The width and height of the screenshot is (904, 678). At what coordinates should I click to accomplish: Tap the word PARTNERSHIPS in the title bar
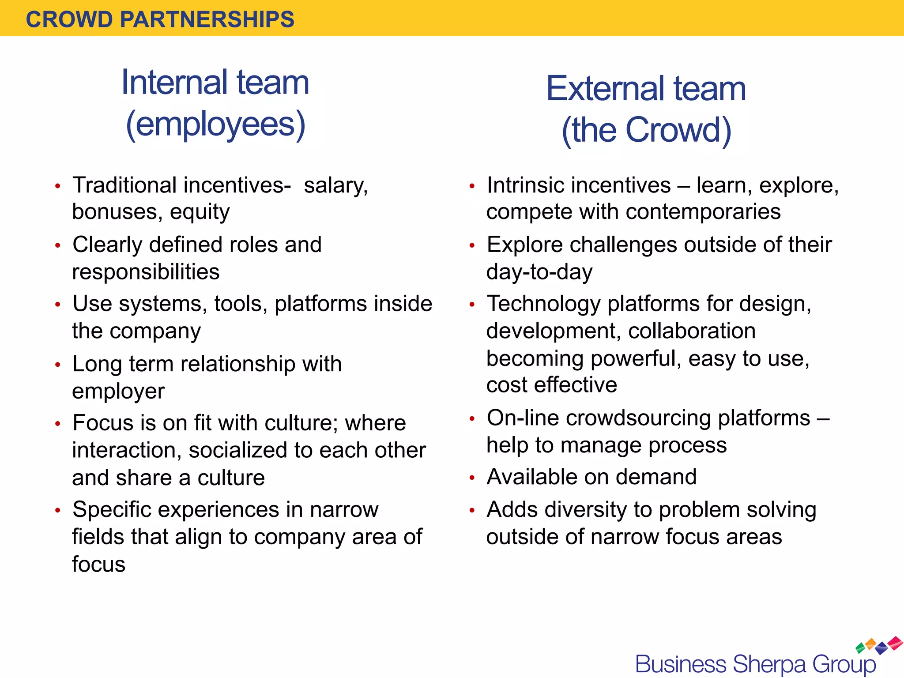pos(207,20)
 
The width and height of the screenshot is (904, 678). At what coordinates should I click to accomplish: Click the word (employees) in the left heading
pos(216,125)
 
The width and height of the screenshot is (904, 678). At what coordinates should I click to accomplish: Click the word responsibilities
pos(146,272)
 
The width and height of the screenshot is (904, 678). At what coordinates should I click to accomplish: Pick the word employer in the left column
pos(118,391)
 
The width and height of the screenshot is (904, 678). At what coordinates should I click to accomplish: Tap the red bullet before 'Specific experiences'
pos(57,511)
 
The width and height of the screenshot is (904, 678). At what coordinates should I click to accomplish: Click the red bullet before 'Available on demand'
pos(472,478)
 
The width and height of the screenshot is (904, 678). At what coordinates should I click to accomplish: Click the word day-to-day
pos(539,272)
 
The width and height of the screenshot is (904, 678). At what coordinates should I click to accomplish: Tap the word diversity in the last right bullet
pos(586,510)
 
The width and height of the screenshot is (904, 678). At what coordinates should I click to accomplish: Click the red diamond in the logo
pos(895,643)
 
